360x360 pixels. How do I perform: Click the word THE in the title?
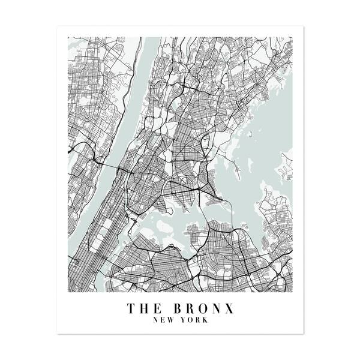[144, 308]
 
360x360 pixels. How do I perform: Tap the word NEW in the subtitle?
[165, 320]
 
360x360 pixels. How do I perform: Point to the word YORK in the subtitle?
[193, 320]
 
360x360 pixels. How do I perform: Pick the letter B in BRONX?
[178, 308]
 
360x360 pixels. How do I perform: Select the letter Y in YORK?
[183, 320]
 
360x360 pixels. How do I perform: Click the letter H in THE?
[144, 308]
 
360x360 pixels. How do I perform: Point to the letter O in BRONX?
[203, 308]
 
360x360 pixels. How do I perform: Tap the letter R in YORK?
[197, 320]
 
